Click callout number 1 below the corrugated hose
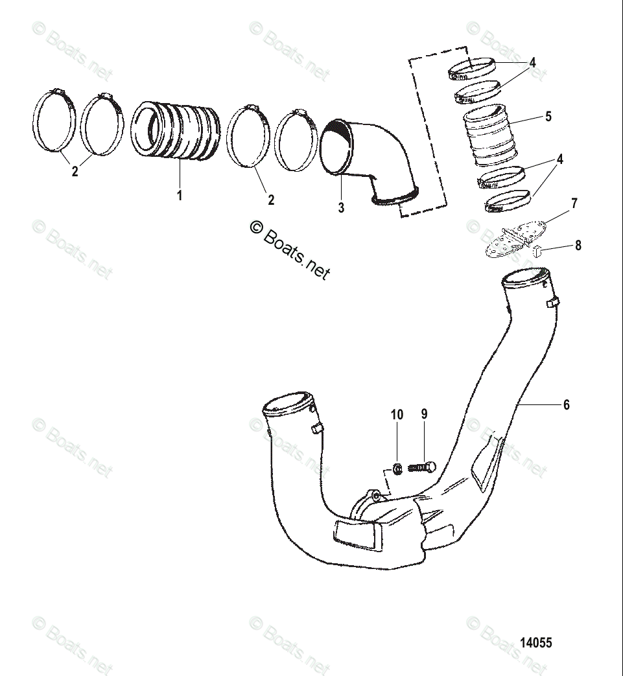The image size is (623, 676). click(x=180, y=194)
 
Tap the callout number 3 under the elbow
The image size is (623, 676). click(x=341, y=208)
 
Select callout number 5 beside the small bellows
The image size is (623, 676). click(x=548, y=117)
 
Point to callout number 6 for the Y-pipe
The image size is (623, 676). click(x=566, y=404)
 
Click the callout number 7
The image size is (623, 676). click(x=574, y=204)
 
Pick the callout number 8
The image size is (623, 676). click(x=578, y=246)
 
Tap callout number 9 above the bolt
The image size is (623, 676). click(x=425, y=414)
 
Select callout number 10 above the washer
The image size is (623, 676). click(x=397, y=414)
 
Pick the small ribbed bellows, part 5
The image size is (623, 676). click(x=488, y=139)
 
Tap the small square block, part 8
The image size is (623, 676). click(x=537, y=251)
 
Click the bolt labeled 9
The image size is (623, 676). click(x=422, y=467)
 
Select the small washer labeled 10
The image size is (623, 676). click(x=397, y=467)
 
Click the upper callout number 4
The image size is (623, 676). click(x=532, y=63)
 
